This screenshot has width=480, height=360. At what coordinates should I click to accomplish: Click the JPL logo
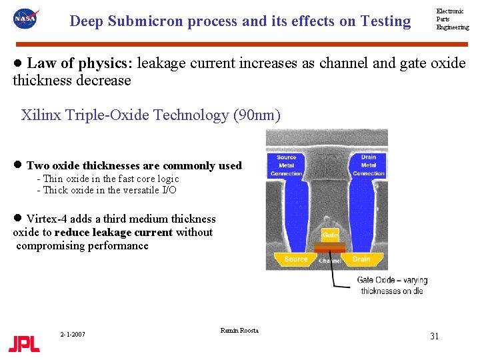click(24, 343)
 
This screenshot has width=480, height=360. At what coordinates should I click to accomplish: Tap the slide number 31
click(434, 336)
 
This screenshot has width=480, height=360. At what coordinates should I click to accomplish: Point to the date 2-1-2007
click(72, 334)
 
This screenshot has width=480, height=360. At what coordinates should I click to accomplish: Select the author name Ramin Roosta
click(239, 331)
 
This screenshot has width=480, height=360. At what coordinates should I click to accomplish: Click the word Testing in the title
click(385, 21)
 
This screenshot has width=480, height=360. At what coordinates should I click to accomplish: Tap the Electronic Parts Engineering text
click(453, 19)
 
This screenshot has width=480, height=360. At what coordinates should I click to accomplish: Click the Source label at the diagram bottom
click(296, 259)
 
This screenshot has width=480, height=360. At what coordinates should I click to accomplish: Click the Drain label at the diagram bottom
click(361, 259)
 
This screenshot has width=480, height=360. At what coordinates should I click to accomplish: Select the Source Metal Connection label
click(286, 165)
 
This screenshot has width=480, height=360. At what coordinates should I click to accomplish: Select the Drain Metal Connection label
click(369, 165)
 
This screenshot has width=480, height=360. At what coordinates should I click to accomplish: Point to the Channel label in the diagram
click(330, 261)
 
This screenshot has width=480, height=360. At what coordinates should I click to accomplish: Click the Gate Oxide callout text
click(393, 285)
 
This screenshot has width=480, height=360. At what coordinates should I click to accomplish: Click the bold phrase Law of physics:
click(81, 63)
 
